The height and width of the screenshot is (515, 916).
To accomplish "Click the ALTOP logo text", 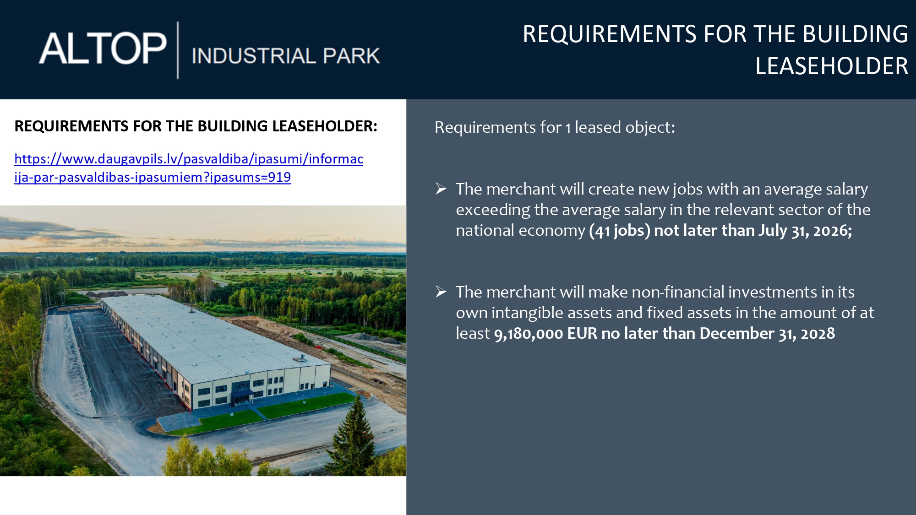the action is pos(103,48).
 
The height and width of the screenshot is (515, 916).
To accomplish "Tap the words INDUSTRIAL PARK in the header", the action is pos(286,56).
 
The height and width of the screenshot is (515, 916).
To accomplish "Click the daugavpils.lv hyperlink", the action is pos(189,168).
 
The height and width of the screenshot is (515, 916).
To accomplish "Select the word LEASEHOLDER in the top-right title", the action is pos(831,66).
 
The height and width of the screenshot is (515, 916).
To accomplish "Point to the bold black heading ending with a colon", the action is pos(196,126).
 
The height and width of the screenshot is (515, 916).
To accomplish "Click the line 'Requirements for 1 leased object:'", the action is pos(555,127).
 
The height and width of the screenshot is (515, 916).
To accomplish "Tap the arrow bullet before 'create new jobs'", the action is pos(441,189).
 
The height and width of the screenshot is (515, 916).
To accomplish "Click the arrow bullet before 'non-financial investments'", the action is pos(441,292).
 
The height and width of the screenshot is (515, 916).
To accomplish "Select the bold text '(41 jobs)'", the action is pos(620,230).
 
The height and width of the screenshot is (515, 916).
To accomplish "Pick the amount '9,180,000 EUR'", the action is pos(545,333).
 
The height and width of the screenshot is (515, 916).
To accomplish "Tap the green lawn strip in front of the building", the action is pos(256,415).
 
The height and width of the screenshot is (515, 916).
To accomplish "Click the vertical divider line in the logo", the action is pos(178,50).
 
